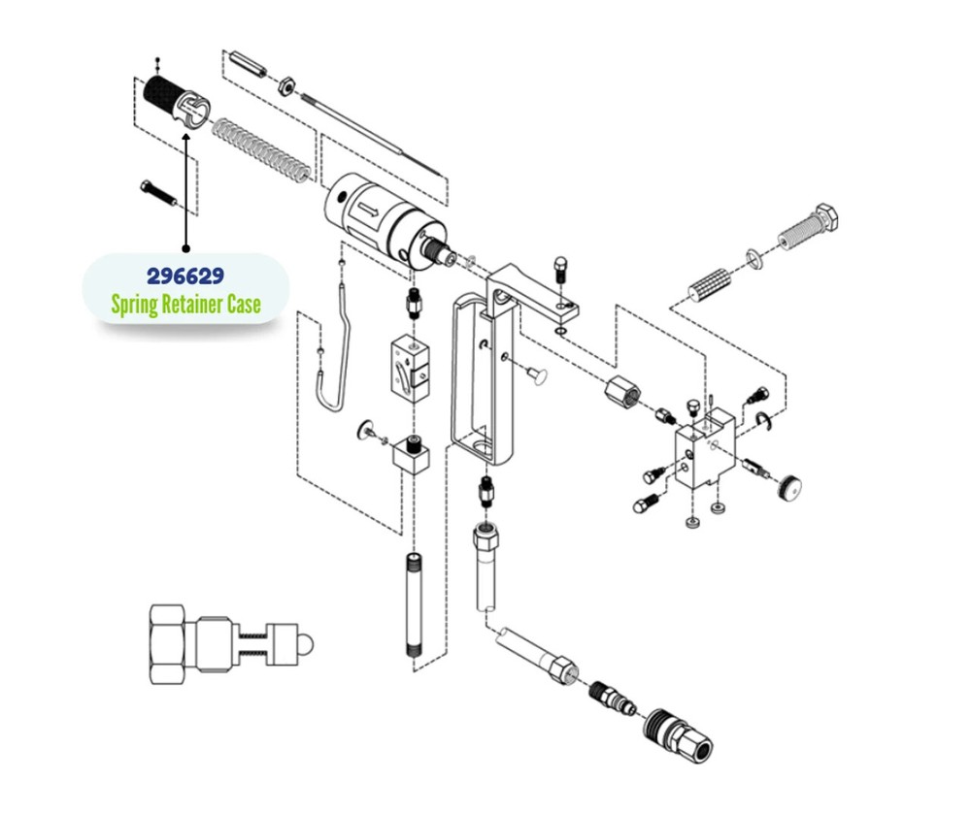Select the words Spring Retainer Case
pyautogui.click(x=185, y=305)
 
